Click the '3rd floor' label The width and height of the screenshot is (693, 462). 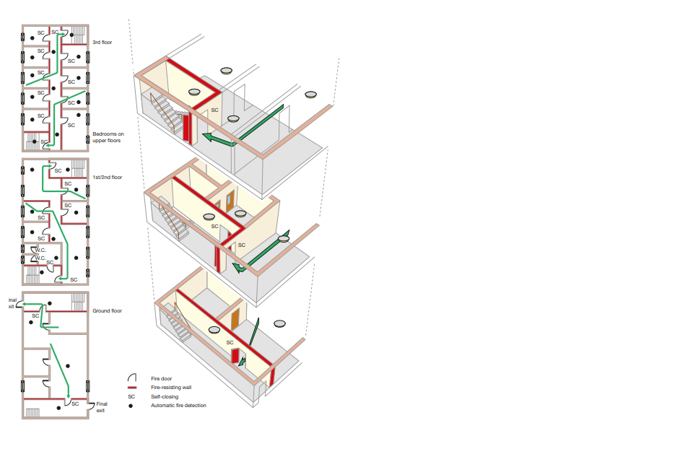point(102,43)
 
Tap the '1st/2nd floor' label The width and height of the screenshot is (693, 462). point(108,178)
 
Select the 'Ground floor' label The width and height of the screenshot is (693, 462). point(107,311)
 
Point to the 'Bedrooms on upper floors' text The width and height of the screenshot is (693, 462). point(108,137)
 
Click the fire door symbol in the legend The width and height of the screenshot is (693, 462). point(131,378)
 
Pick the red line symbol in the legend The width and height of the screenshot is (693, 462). point(131,387)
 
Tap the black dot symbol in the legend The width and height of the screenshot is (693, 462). point(131,406)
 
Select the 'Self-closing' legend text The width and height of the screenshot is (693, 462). point(165,396)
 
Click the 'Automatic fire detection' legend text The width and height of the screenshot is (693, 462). point(178,406)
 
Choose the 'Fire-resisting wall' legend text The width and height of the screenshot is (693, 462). point(171,387)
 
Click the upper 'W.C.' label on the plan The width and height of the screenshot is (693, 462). point(40,250)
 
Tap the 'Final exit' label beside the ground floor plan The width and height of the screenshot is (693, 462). point(101,407)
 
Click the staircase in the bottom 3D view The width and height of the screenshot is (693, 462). point(177,322)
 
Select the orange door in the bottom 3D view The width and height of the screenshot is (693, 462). point(235,318)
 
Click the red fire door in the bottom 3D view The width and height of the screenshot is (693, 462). point(235,356)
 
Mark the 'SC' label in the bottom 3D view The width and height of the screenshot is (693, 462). point(230,343)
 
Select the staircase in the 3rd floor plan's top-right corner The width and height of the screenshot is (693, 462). point(77,35)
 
